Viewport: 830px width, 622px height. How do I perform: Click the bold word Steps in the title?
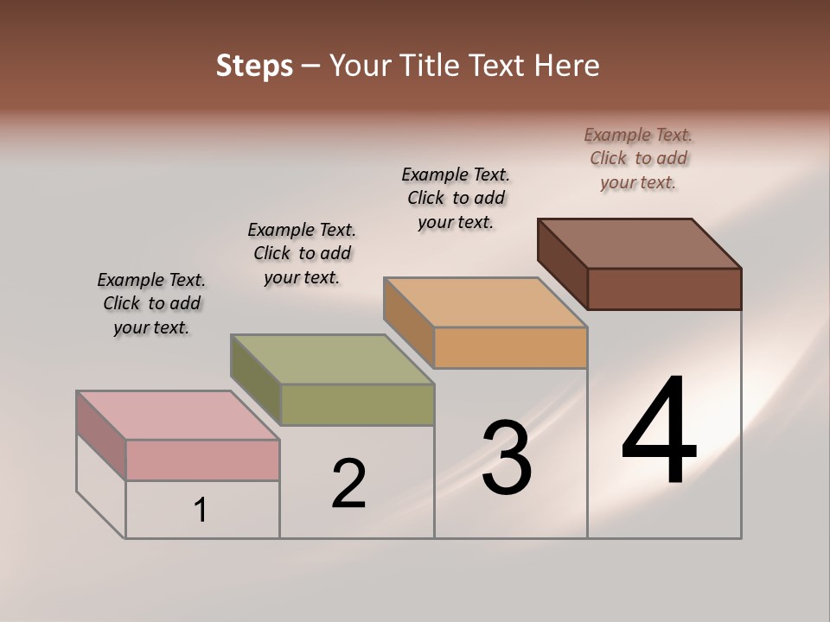(254, 66)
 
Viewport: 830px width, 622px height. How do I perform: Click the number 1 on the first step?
(201, 510)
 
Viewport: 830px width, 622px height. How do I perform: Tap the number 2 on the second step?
(348, 484)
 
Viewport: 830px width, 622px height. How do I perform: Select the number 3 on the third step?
(507, 459)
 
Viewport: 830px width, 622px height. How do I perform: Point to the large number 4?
(659, 431)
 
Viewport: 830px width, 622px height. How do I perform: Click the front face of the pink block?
(202, 460)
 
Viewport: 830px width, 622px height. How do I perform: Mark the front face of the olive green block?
(357, 404)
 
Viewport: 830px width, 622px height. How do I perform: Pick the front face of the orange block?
(510, 347)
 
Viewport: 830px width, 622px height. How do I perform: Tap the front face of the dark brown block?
(664, 289)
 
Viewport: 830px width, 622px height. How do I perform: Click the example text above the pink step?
(151, 303)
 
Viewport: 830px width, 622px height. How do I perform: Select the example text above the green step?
(302, 253)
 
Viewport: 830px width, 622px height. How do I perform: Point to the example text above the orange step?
(456, 198)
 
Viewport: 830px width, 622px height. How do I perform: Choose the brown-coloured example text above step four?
(638, 158)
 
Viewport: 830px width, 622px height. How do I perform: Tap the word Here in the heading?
(567, 66)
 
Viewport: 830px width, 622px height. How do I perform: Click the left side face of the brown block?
(563, 263)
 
